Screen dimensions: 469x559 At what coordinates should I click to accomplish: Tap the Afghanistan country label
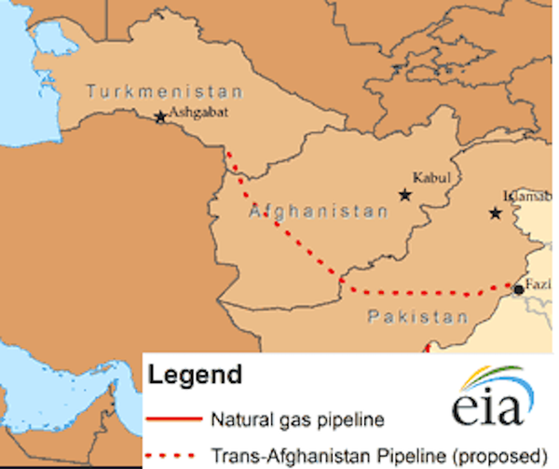point(318,213)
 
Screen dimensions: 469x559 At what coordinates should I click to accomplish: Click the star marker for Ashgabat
point(160,117)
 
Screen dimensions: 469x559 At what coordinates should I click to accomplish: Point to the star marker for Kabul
point(404,195)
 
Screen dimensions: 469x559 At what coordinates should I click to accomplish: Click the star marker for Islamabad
point(496,214)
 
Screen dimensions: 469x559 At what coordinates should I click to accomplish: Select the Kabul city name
point(431,177)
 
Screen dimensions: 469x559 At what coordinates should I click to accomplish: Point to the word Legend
point(194,376)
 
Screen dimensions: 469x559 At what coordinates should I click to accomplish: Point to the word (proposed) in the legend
point(498,456)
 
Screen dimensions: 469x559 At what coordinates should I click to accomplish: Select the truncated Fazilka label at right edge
point(539,283)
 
